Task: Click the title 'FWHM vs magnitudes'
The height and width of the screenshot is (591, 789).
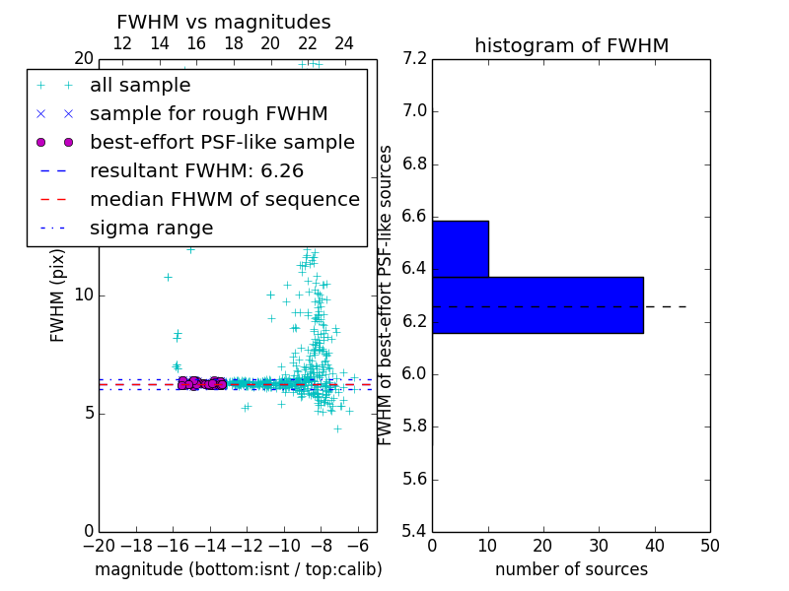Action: (223, 22)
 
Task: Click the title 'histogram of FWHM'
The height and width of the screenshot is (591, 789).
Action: (571, 45)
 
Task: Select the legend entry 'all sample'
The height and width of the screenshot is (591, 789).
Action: (140, 86)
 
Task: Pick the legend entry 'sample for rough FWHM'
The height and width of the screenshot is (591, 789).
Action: (208, 114)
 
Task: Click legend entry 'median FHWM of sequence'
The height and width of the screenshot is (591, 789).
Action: (224, 199)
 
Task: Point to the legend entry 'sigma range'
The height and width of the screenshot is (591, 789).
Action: (151, 228)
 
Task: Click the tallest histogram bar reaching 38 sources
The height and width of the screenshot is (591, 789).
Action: (538, 305)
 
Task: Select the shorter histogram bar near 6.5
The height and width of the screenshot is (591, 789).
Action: (460, 249)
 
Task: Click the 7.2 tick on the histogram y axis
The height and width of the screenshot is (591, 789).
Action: (415, 58)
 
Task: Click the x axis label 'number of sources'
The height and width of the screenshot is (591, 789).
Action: (571, 569)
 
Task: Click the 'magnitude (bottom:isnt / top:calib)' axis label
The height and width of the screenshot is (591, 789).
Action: (238, 569)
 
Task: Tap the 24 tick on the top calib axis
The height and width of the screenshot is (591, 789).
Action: (344, 43)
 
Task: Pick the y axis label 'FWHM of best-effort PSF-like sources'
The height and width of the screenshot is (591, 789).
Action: (386, 295)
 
